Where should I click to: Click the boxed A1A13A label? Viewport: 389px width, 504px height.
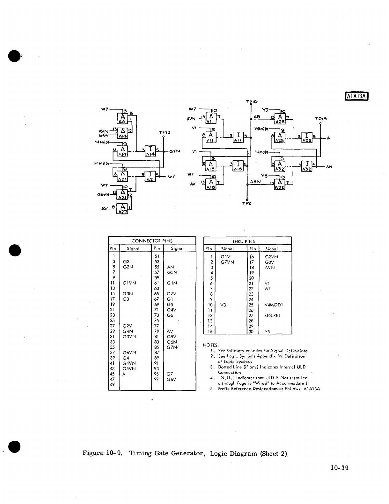pos(357,96)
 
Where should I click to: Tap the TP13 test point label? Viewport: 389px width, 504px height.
pos(165,132)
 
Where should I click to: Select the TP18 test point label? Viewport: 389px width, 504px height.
pos(320,119)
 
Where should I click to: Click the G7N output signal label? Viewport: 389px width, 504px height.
pos(174,151)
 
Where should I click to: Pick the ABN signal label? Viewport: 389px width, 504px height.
pos(255,181)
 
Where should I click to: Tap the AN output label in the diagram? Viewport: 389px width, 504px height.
pos(329,166)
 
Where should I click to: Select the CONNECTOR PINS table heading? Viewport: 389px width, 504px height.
pos(152,241)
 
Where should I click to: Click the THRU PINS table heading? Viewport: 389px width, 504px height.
pos(248,241)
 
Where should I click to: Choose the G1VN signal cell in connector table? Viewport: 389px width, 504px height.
pos(129,283)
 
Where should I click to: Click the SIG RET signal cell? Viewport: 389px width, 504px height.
pos(273,316)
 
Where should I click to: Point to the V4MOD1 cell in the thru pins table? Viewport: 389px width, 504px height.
pos(274,305)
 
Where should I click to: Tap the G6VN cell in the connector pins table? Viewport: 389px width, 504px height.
pos(129,353)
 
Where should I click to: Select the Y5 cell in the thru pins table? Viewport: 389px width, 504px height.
pos(268,332)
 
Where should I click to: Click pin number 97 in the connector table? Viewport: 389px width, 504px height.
pos(157,379)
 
